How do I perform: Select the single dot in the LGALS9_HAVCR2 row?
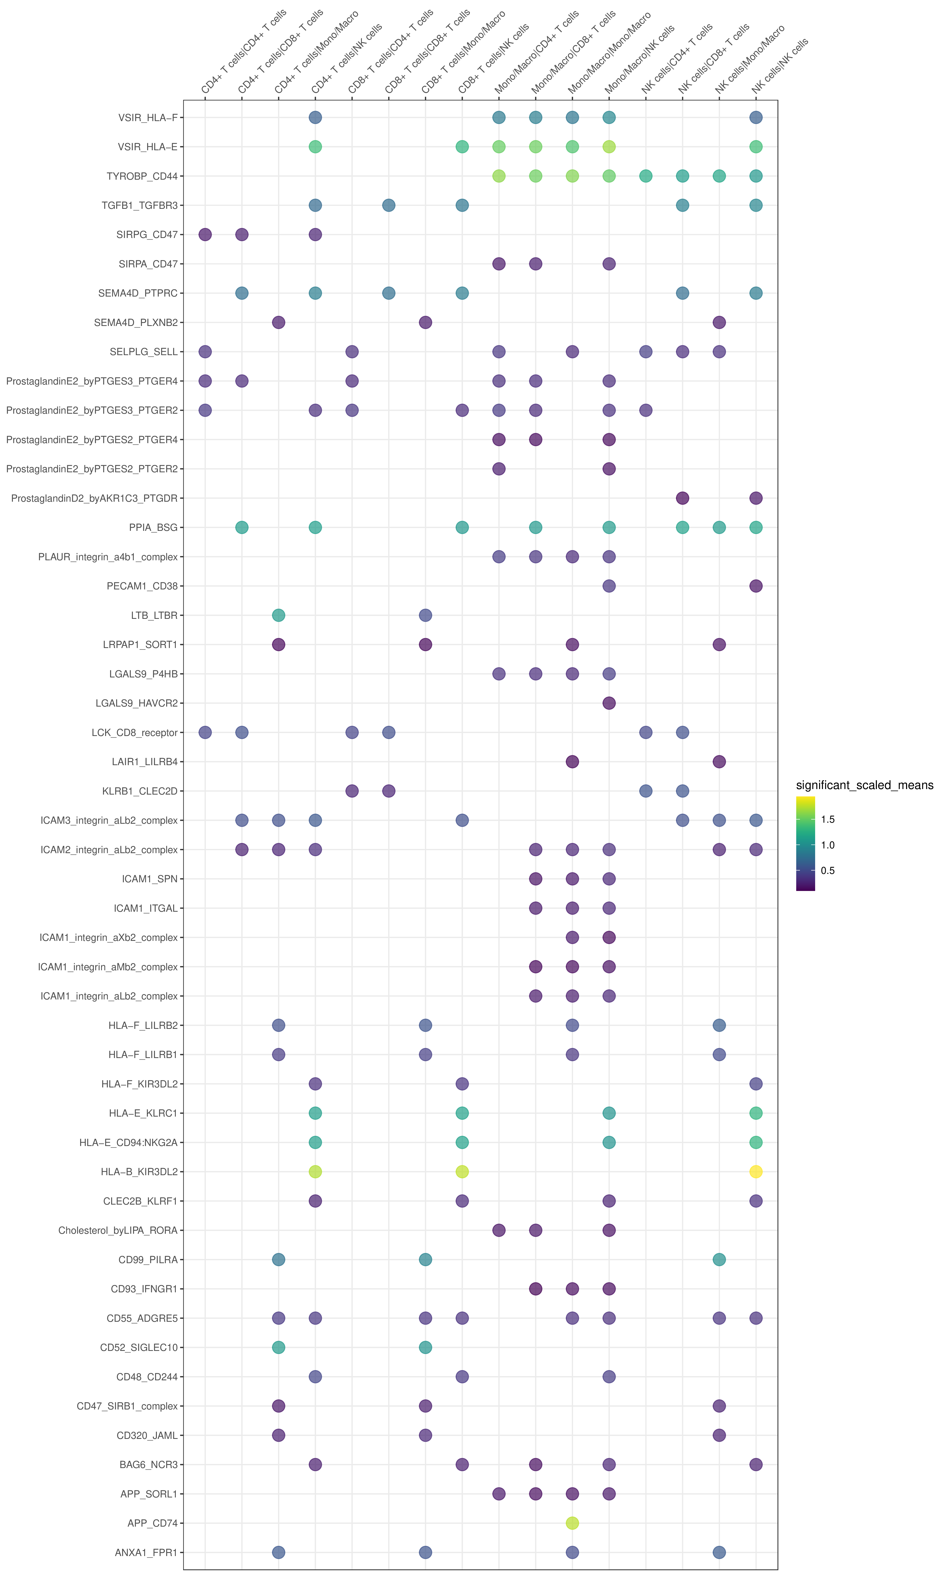(x=609, y=703)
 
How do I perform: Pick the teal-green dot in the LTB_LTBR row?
(x=278, y=615)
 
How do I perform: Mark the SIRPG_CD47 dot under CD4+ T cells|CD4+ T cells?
(x=205, y=234)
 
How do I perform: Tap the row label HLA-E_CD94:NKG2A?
(x=128, y=1142)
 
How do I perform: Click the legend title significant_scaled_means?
(x=864, y=785)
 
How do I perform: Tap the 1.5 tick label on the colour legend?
(x=827, y=819)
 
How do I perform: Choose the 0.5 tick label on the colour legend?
(x=827, y=870)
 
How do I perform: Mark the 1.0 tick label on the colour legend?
(x=827, y=845)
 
